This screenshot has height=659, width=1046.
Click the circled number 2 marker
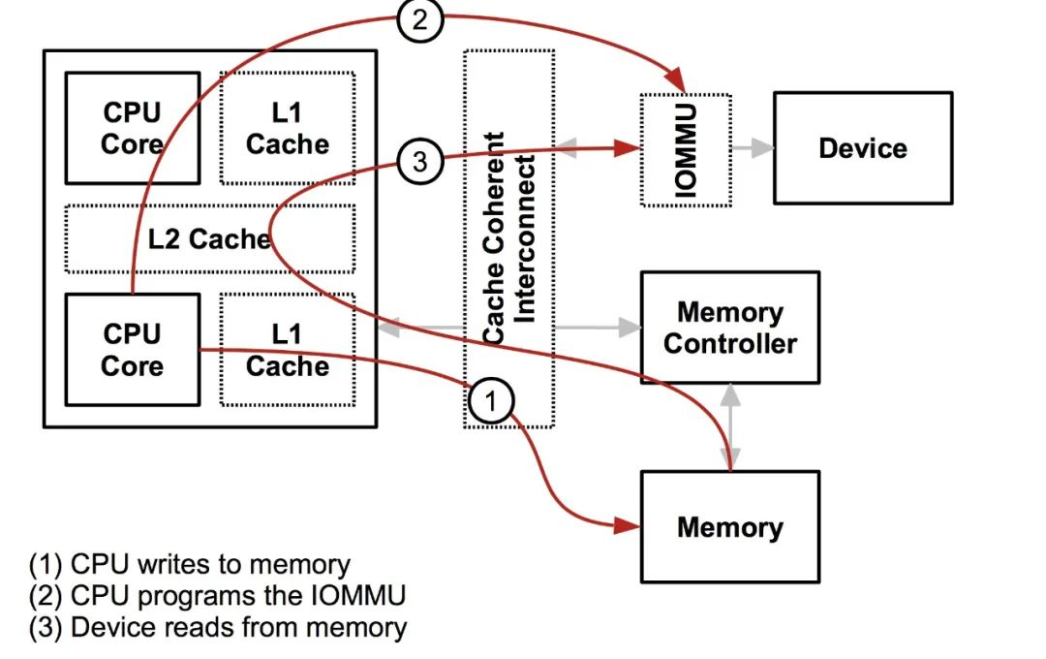click(x=418, y=20)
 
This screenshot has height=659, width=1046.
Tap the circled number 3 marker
click(x=419, y=162)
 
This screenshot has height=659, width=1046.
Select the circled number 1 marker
click(x=491, y=400)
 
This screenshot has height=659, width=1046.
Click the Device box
click(x=862, y=148)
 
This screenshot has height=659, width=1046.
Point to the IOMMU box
click(x=686, y=149)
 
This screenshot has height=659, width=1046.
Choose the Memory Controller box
click(x=729, y=328)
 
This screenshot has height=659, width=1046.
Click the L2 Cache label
click(x=209, y=238)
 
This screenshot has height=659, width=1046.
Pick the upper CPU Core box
click(x=132, y=128)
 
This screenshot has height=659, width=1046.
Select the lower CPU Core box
click(x=132, y=350)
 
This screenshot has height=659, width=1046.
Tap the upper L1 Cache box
click(x=287, y=128)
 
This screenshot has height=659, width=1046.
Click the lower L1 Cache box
click(x=287, y=350)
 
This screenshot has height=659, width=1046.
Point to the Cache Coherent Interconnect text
click(x=508, y=238)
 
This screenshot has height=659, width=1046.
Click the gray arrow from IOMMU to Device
click(x=754, y=148)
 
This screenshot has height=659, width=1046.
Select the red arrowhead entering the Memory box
click(x=628, y=527)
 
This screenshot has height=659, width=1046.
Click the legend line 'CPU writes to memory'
click(x=190, y=564)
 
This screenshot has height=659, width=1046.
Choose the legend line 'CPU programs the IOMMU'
click(x=217, y=595)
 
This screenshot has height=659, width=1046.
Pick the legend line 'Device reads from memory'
click(x=218, y=627)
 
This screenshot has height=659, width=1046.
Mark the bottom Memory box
click(x=729, y=527)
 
